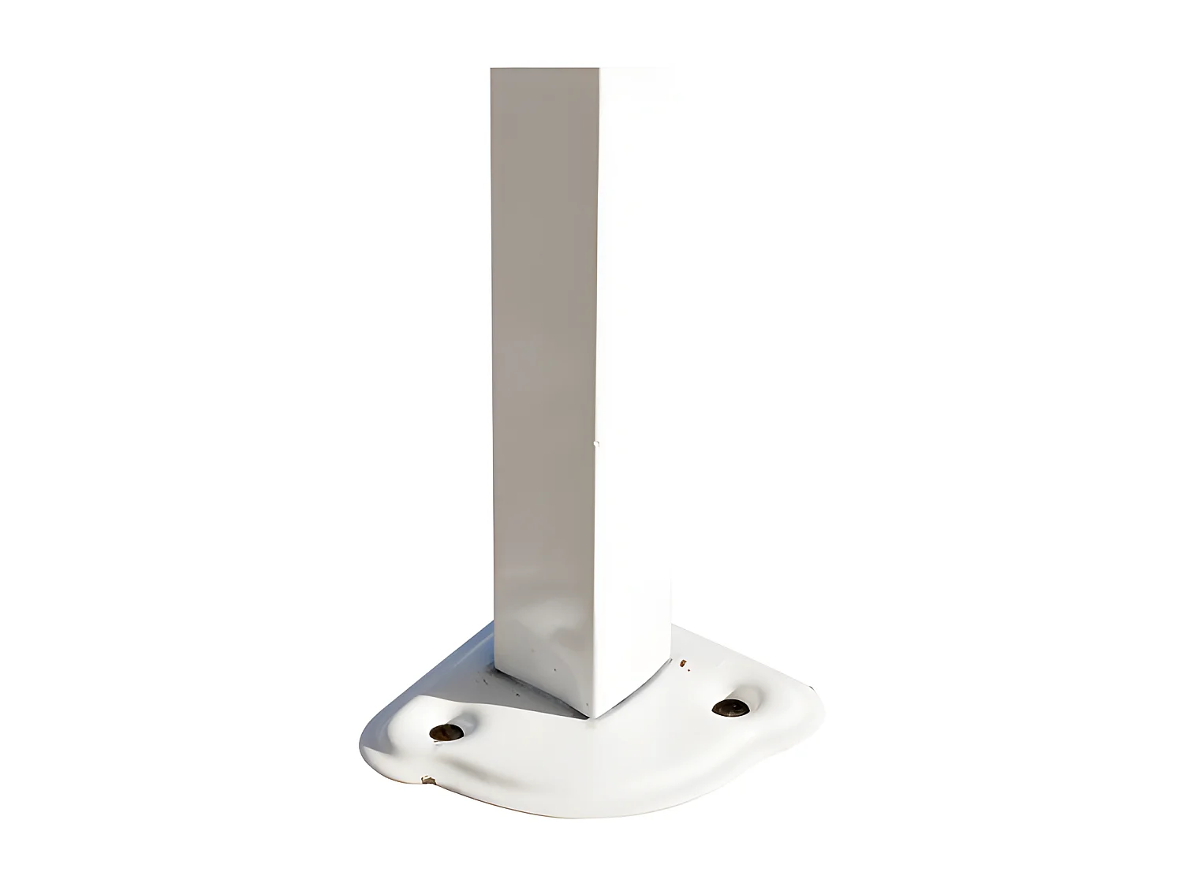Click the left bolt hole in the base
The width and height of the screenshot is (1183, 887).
coord(444,732)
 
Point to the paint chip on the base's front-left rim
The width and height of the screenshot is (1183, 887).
coord(428,781)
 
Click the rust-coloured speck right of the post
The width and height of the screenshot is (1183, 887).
coord(683,663)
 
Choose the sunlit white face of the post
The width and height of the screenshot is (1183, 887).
coord(635,355)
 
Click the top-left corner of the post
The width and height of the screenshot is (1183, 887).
coord(492,69)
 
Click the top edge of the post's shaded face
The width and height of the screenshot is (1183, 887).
coord(544,69)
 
